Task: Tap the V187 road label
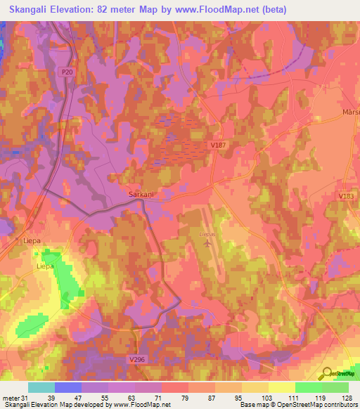(x=218, y=145)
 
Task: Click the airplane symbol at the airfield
(x=207, y=244)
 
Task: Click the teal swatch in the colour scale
(x=41, y=387)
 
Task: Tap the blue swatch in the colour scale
(x=68, y=387)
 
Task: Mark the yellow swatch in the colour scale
(x=281, y=387)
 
